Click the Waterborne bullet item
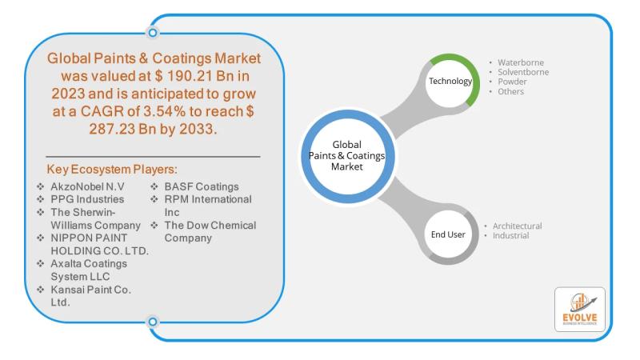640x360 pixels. (x=520, y=62)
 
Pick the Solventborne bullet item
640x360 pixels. (x=525, y=72)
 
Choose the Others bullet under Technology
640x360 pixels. (x=510, y=91)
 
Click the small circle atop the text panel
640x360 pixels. (x=152, y=33)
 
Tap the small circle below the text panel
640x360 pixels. (x=152, y=322)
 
